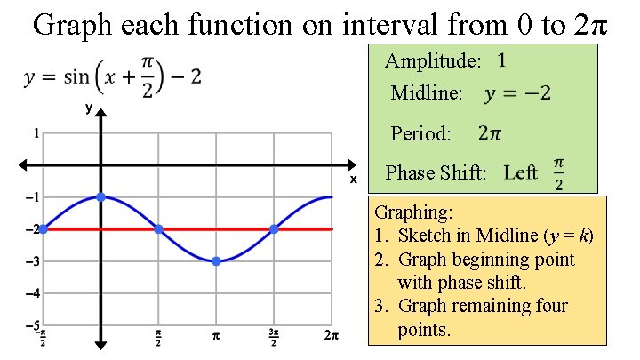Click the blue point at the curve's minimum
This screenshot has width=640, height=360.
click(216, 261)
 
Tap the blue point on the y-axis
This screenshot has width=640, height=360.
click(100, 196)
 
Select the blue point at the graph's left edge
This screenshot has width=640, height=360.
click(43, 228)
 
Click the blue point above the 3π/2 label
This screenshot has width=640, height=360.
click(274, 228)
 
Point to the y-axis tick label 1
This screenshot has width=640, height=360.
click(36, 134)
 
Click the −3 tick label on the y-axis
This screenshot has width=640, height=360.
click(33, 261)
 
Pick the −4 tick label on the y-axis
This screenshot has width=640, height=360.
click(33, 293)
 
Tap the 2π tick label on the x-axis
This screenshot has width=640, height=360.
click(332, 336)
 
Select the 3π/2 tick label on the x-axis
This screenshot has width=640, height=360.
click(274, 338)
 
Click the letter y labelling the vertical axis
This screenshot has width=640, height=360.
click(88, 108)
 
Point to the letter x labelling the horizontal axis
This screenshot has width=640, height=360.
click(353, 179)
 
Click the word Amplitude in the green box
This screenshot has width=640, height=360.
click(433, 62)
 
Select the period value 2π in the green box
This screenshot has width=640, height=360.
click(490, 133)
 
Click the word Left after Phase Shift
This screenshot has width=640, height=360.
click(520, 172)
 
